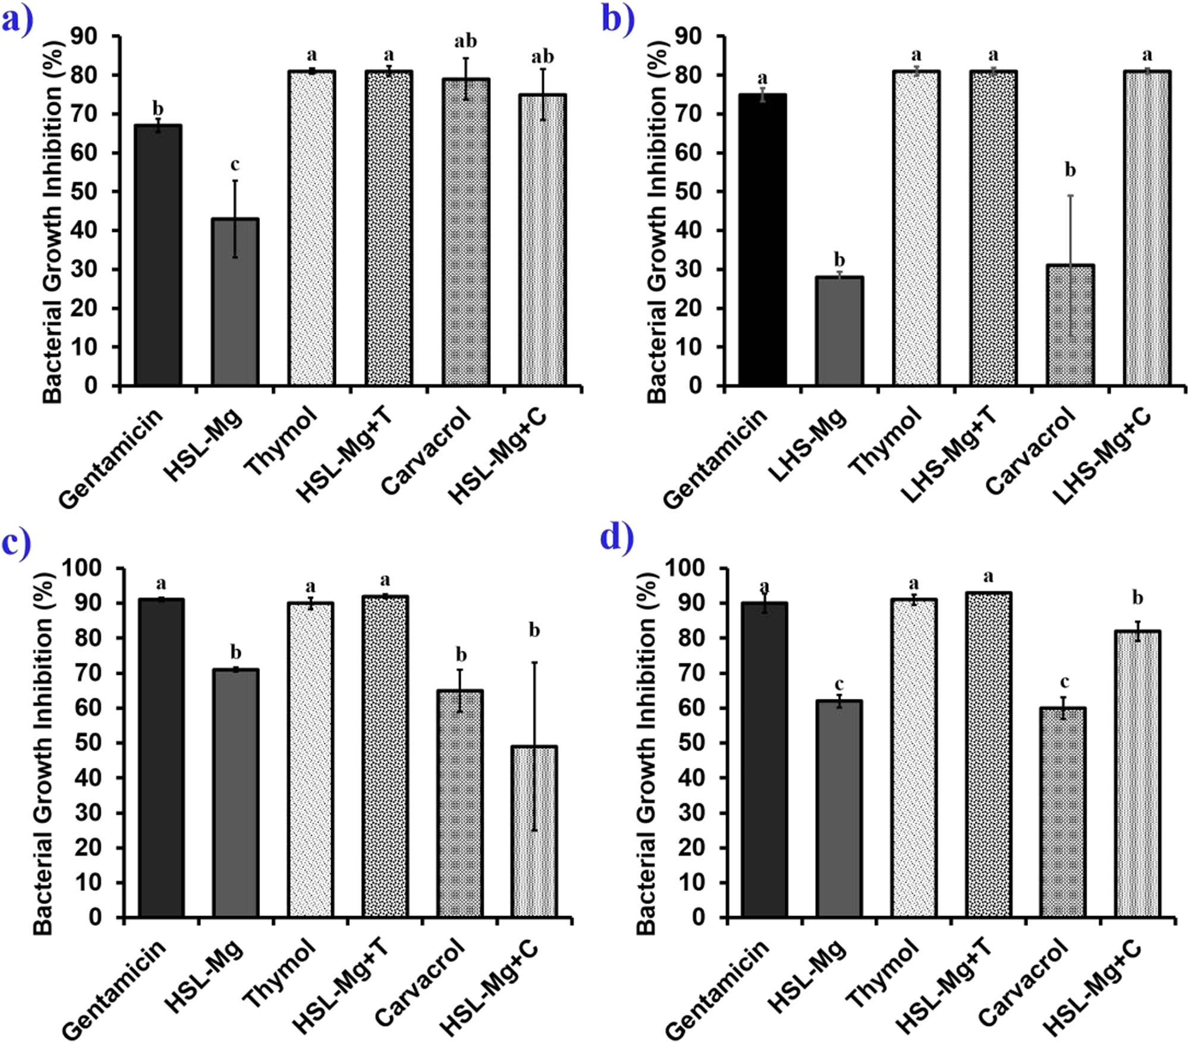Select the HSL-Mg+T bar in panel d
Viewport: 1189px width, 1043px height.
click(x=989, y=754)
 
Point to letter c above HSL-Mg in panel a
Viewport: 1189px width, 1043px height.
click(x=235, y=165)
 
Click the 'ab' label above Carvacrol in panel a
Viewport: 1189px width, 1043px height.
click(x=465, y=42)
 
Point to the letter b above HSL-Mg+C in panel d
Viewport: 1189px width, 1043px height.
click(x=1137, y=598)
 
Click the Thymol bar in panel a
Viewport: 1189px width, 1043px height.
click(x=312, y=228)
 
